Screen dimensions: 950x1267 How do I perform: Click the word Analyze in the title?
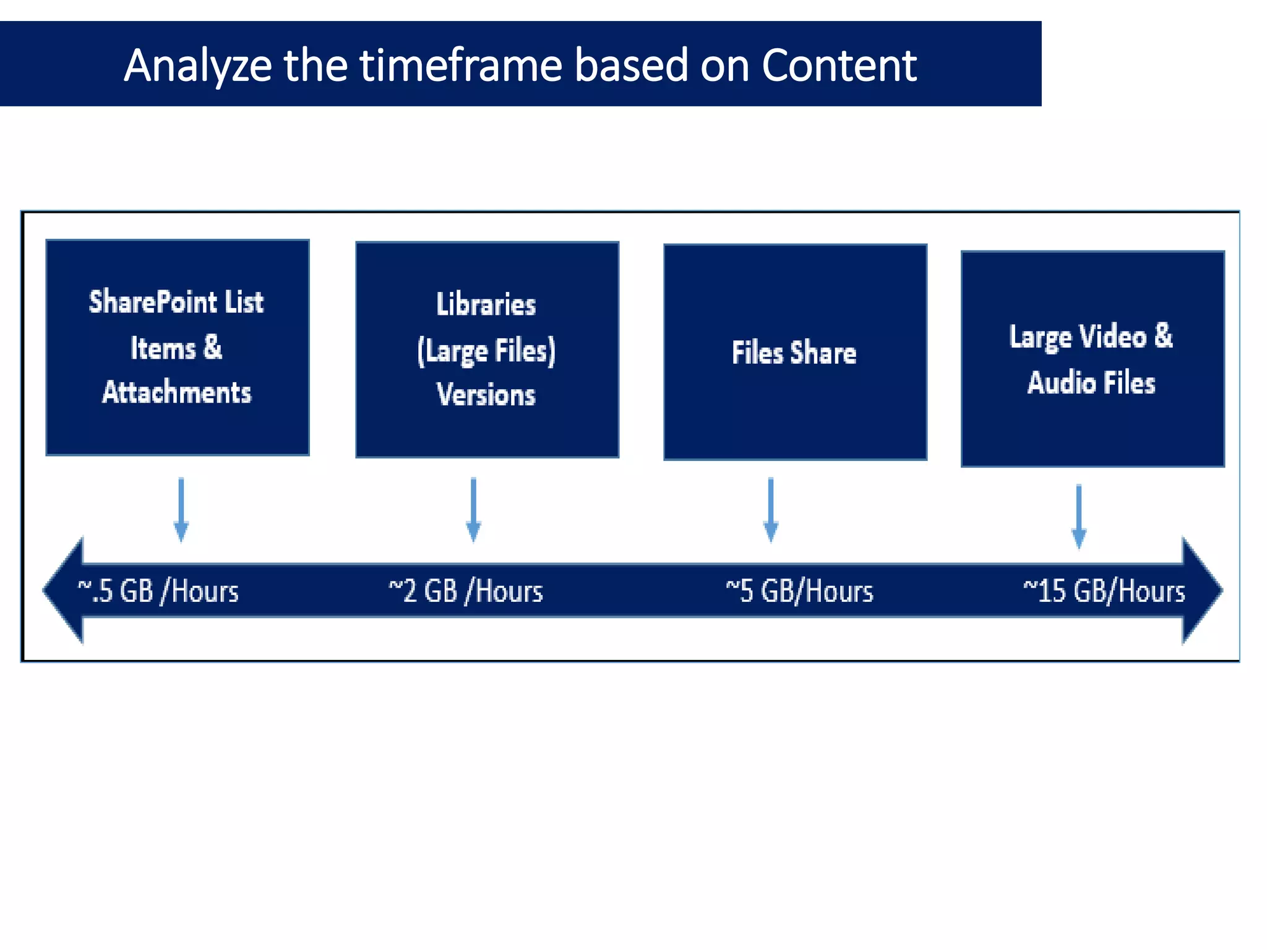[x=197, y=66]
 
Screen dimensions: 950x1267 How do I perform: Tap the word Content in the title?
[x=839, y=66]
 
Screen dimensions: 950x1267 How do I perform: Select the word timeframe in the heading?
[x=461, y=66]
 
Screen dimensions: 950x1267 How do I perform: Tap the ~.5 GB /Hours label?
[x=158, y=591]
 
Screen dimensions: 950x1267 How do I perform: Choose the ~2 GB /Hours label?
[x=466, y=591]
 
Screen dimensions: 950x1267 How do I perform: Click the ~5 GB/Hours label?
[x=799, y=591]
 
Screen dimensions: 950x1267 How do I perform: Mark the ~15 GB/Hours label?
[x=1104, y=591]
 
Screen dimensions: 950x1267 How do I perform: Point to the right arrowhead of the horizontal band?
[x=1201, y=591]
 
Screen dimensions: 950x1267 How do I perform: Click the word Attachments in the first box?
[x=177, y=393]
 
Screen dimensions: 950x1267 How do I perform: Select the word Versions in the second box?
[x=486, y=395]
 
